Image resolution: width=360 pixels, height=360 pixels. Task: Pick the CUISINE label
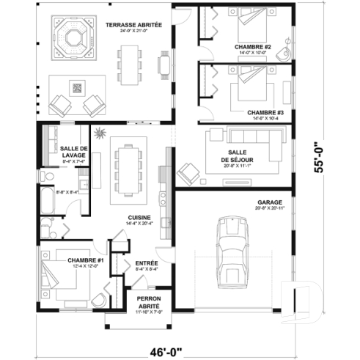[139, 218]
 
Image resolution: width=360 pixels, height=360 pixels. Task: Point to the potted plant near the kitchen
[99, 135]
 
